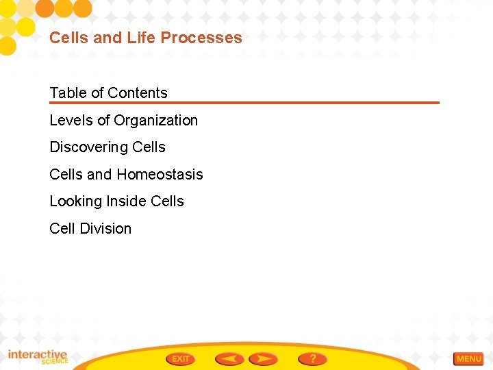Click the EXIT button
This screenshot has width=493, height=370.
(x=181, y=359)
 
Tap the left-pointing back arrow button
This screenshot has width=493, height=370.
(x=229, y=359)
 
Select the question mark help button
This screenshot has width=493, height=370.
(x=312, y=359)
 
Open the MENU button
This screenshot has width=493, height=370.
(x=468, y=359)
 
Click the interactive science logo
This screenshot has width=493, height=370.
(x=38, y=357)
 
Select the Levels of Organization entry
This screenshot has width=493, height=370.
(x=123, y=121)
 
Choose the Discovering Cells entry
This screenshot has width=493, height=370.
(x=108, y=147)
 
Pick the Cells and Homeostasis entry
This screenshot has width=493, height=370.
(x=126, y=175)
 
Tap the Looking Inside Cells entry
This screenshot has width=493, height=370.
(x=116, y=201)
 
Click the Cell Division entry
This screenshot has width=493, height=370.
(x=90, y=229)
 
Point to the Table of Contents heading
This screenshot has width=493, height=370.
(x=108, y=93)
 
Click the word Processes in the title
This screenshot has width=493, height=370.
(x=207, y=38)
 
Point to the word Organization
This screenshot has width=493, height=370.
(x=155, y=121)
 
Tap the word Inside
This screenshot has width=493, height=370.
(x=126, y=201)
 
